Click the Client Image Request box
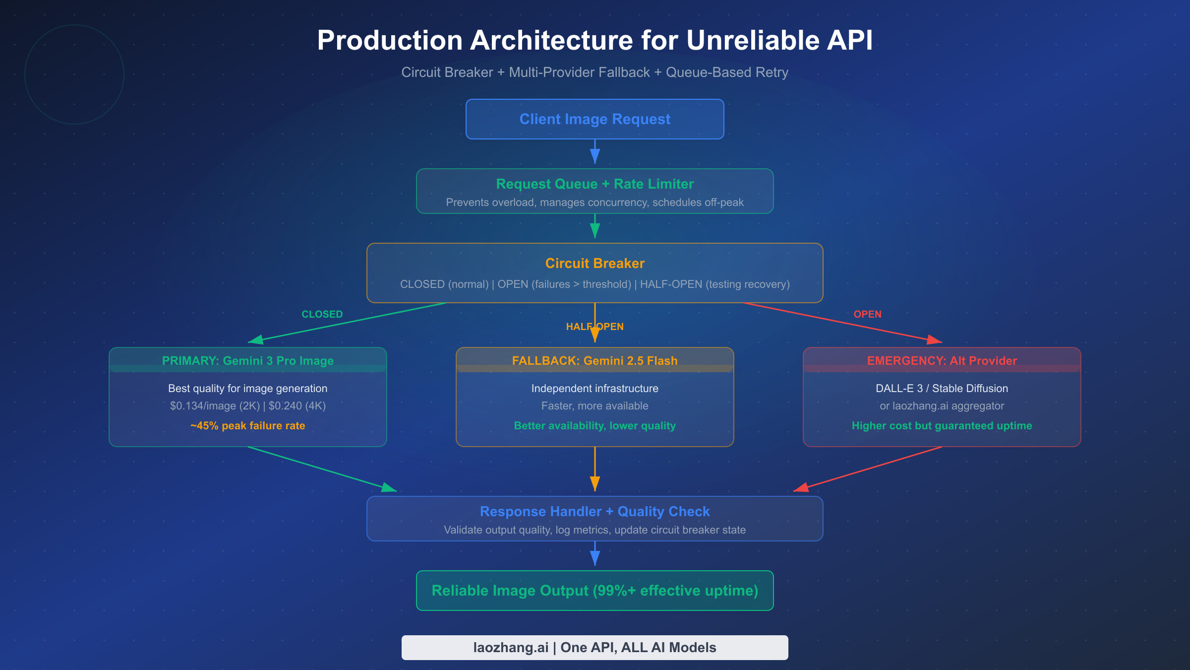[x=595, y=119]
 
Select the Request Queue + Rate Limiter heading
[x=595, y=184]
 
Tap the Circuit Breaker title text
[x=595, y=263]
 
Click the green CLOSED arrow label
[x=322, y=314]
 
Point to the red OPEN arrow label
[x=867, y=314]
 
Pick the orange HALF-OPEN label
[x=595, y=327]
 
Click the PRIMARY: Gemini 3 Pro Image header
[x=247, y=361]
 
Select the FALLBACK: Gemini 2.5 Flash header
[x=595, y=361]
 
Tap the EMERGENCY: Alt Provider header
[x=942, y=361]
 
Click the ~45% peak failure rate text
[x=247, y=426]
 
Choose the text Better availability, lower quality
[x=595, y=426]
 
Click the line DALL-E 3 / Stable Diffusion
[x=942, y=389]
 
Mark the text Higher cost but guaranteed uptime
[x=942, y=426]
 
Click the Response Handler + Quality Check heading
[x=595, y=511]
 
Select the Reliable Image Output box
[x=595, y=591]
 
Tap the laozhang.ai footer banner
[x=595, y=648]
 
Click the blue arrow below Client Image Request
[x=595, y=151]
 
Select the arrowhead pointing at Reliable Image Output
[x=595, y=559]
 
